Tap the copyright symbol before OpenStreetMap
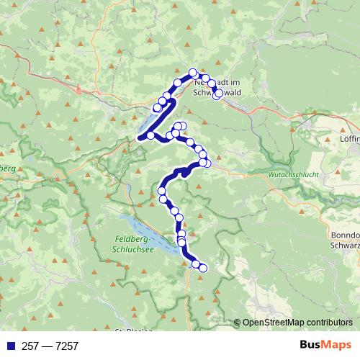(x=238, y=323)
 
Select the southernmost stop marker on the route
(x=202, y=269)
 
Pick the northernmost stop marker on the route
(x=193, y=72)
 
